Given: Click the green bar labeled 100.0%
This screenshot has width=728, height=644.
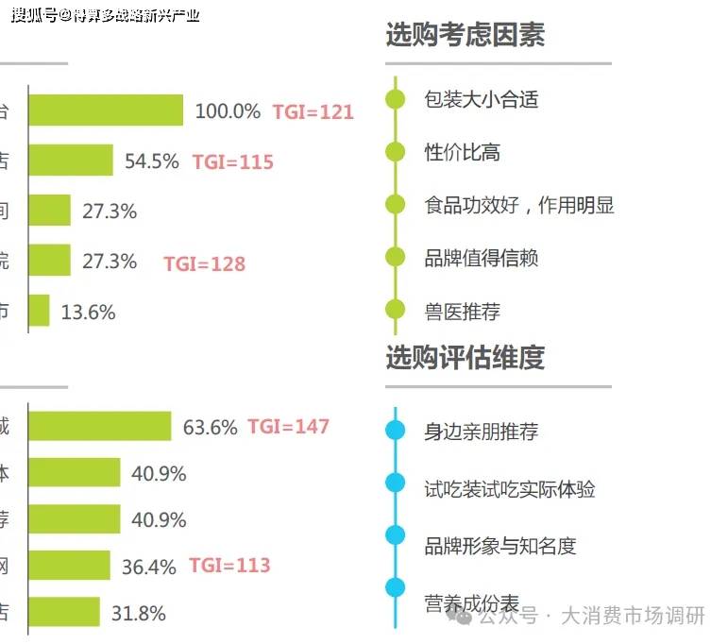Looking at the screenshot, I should click(105, 110).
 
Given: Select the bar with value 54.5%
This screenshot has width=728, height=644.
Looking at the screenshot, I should click(71, 161).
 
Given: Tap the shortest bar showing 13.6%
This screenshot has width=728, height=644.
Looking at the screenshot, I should click(39, 311).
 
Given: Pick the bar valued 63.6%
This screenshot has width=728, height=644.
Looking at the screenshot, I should click(99, 427).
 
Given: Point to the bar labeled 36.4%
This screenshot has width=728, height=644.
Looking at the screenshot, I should click(69, 566).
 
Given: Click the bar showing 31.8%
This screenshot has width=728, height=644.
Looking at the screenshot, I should click(63, 612).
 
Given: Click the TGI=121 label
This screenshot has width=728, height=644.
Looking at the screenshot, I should click(313, 111).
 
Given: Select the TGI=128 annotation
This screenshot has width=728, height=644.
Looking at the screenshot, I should click(204, 263).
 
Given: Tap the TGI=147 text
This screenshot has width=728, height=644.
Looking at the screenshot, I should click(288, 427).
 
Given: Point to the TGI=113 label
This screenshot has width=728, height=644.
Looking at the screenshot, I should click(229, 566).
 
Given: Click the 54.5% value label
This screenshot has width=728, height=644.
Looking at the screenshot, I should click(151, 161).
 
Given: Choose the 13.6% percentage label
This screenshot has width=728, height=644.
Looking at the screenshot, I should click(88, 312).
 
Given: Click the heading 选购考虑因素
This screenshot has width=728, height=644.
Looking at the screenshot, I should click(465, 36).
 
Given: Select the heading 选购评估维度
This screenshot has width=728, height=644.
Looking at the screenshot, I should click(465, 358).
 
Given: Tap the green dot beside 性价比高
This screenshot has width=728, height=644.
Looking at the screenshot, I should click(396, 151).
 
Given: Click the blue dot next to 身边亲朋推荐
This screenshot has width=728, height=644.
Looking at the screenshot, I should click(396, 432).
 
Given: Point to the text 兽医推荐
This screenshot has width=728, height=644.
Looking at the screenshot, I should click(462, 311).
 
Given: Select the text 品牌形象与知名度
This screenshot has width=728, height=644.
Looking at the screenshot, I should click(499, 545).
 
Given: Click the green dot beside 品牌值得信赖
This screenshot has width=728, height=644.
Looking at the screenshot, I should click(396, 257).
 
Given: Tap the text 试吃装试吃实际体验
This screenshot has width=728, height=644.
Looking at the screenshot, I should click(509, 488).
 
